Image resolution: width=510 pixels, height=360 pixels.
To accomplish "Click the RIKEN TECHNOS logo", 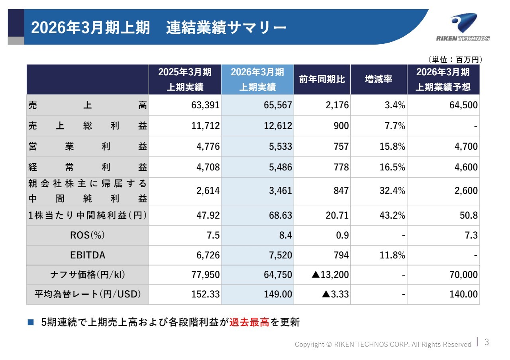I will coord(463,27).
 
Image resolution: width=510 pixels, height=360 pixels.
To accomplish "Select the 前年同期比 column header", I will coord(322,79).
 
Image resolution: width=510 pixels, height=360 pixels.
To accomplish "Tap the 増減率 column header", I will coord(379,79).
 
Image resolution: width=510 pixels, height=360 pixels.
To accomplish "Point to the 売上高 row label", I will coord(88,105).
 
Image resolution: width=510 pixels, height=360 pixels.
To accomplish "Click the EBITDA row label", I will coord(88,255).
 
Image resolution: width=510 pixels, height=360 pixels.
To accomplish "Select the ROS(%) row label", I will coord(88,235).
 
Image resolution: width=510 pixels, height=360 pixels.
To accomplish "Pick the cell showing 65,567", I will coord(278,105).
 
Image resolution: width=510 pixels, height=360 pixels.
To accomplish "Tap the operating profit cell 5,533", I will coord(281,147).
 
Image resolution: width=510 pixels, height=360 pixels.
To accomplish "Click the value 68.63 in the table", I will coord(280,215).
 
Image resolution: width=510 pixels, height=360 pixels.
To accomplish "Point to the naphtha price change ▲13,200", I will coord(330,275).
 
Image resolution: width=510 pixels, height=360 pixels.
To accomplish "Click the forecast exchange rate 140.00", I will coord(464,294).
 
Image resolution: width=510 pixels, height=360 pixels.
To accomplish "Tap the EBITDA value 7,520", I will coord(281,255).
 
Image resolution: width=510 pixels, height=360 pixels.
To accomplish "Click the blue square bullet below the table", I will coord(31,322).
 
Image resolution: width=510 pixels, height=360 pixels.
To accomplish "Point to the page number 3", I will coord(486,342).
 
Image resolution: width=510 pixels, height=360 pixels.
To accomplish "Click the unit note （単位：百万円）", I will coord(455,60).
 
